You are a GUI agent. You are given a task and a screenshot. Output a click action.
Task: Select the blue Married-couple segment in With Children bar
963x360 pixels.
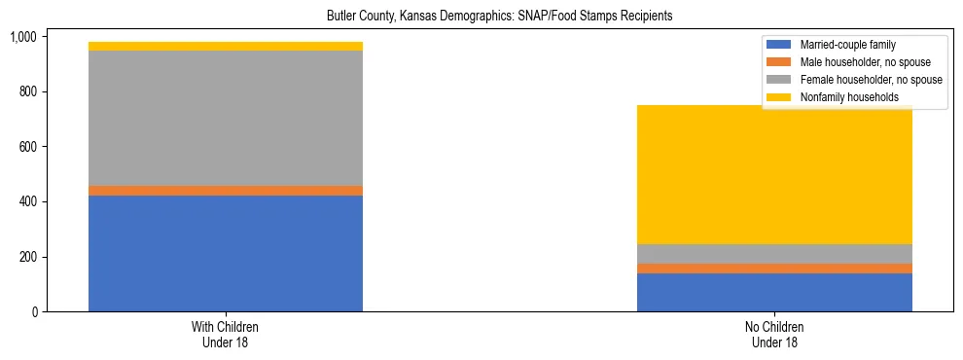pos(225,253)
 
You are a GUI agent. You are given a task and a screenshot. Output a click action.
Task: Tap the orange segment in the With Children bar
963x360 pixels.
pos(225,191)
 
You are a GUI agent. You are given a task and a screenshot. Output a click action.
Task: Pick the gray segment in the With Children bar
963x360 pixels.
pos(225,118)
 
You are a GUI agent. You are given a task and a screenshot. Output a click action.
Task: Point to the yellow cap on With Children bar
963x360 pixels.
pos(225,46)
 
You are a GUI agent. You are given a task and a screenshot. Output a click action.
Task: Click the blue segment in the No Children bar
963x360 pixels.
pos(774,292)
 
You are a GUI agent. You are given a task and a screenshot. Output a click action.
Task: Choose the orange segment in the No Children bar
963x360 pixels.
pos(774,269)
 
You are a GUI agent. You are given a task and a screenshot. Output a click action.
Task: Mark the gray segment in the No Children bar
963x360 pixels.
pos(774,254)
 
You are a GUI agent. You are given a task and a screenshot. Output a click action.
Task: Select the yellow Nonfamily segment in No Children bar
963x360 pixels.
pos(774,174)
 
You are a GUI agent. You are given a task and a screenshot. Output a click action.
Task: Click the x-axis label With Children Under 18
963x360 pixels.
pos(225,335)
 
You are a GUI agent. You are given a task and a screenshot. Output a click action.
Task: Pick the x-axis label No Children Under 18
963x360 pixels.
pos(774,335)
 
